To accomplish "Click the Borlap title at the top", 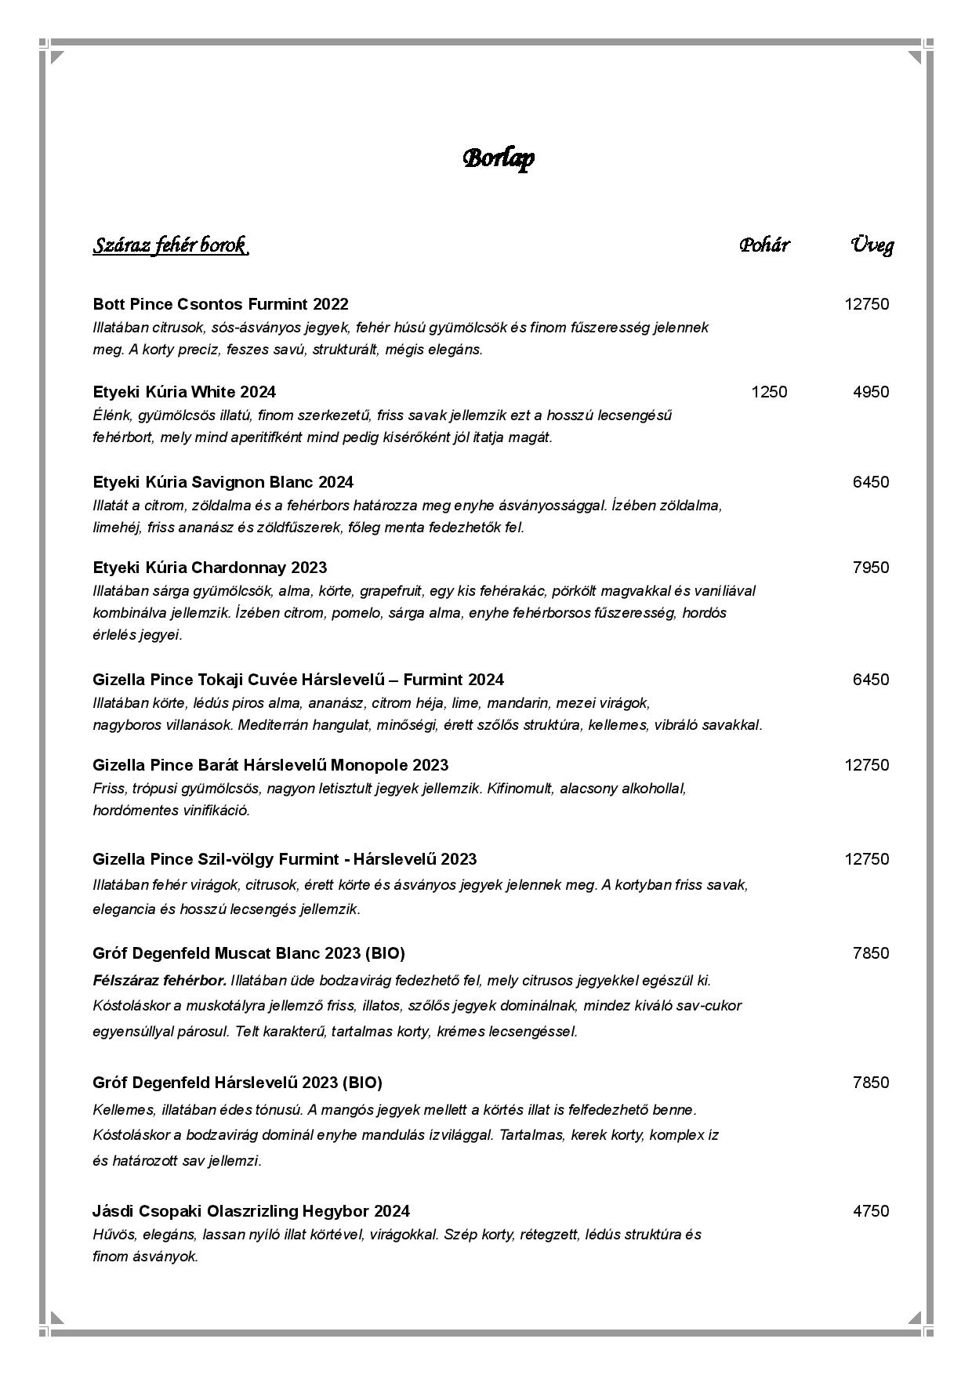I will (499, 158).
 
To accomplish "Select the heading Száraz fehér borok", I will (171, 245).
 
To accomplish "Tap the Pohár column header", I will (764, 245).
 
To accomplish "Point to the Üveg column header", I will (872, 245).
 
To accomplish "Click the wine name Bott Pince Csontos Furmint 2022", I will (220, 304).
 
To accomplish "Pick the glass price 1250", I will (769, 392).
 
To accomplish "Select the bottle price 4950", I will (871, 392).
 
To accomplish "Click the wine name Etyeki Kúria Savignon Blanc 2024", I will (223, 482).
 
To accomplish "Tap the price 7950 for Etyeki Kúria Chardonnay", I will (871, 568).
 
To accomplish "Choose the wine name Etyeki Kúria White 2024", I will (184, 392).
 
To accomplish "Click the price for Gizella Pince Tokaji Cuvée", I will (871, 680).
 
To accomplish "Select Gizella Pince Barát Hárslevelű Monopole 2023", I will (270, 765).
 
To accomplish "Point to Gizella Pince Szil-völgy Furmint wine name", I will (285, 859).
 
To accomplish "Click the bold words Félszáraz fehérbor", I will (159, 981).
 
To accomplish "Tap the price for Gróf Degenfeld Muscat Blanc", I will (871, 953).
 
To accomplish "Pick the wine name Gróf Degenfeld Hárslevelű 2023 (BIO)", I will (237, 1083).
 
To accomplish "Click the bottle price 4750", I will (871, 1211).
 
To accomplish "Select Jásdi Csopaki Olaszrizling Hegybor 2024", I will (251, 1211).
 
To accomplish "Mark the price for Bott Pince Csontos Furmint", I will (866, 304).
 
